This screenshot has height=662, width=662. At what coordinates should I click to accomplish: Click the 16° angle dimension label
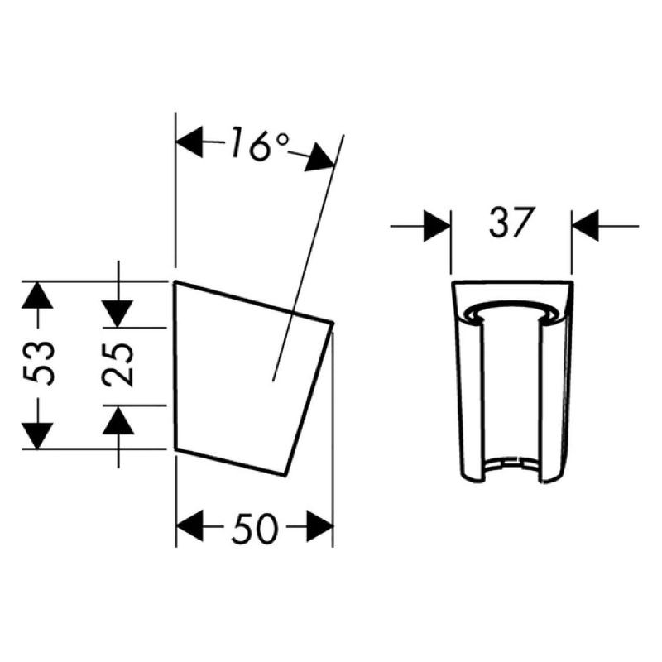(x=260, y=143)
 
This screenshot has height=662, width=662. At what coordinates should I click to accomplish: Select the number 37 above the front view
(x=511, y=223)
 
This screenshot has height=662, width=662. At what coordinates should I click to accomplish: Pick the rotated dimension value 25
(x=118, y=364)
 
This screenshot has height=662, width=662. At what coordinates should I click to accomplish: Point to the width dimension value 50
(x=255, y=527)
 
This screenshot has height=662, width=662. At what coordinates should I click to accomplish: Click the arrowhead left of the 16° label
(x=189, y=142)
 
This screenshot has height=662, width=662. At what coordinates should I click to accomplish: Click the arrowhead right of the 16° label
(x=320, y=158)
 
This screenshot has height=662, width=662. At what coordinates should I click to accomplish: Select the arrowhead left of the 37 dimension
(x=438, y=226)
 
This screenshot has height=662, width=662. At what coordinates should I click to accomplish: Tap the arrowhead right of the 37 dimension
(x=586, y=226)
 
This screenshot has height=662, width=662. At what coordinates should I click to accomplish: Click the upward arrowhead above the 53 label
(x=37, y=295)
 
